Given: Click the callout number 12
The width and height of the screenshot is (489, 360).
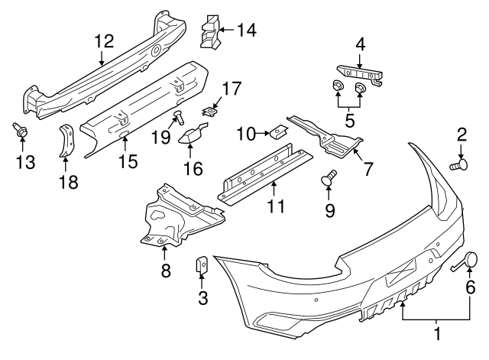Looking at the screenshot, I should (103, 41).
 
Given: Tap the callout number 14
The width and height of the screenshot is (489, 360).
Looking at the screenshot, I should (246, 31).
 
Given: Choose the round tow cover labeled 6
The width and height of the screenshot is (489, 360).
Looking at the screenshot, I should (471, 261).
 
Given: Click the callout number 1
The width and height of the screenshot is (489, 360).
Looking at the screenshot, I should (437, 334).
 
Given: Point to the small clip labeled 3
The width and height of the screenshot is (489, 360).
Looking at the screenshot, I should (203, 264).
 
